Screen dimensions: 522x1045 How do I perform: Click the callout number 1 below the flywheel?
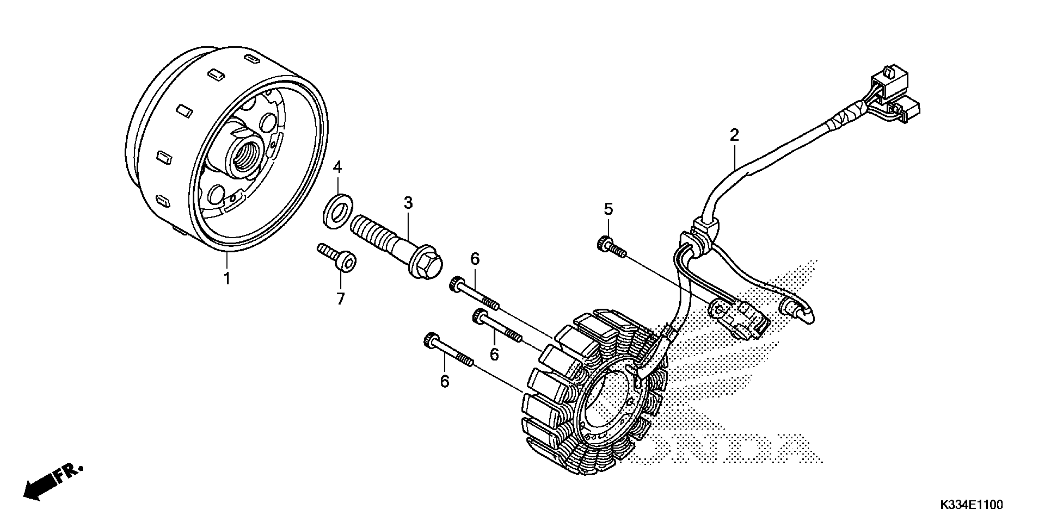227,279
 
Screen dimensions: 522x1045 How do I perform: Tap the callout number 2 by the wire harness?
734,135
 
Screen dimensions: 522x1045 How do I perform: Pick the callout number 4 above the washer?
337,166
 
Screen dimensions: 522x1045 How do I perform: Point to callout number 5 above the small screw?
608,209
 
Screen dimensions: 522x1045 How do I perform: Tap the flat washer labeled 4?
338,211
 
